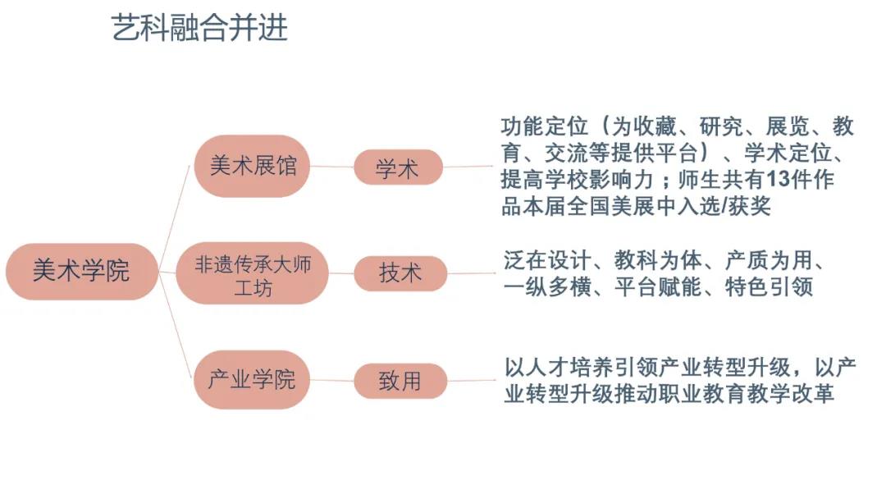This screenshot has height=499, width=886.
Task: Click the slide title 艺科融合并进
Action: coord(199,28)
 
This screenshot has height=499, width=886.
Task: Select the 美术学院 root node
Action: coord(82,272)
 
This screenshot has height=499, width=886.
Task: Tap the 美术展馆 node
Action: coord(252,166)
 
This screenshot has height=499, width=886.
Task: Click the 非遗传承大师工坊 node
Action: coord(252,273)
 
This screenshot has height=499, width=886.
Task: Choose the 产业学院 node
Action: coord(252,379)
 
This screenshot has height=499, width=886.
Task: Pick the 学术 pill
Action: coord(399,167)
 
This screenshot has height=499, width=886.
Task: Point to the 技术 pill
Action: coord(400,273)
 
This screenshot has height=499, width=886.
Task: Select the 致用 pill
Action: coord(400,381)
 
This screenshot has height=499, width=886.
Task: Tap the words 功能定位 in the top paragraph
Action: coord(545,126)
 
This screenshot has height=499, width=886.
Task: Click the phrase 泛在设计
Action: coord(547,261)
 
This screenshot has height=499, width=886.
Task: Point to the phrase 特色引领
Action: coord(769,287)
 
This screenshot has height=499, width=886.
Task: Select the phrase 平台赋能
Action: coord(658,287)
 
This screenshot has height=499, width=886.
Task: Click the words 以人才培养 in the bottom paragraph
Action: coord(559,368)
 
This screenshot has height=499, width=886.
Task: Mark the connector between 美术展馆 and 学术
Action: coord(332,167)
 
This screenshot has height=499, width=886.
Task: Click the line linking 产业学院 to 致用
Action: coord(332,380)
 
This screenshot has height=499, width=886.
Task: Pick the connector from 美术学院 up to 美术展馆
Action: coord(174,217)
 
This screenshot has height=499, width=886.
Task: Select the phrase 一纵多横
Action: coord(547,287)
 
